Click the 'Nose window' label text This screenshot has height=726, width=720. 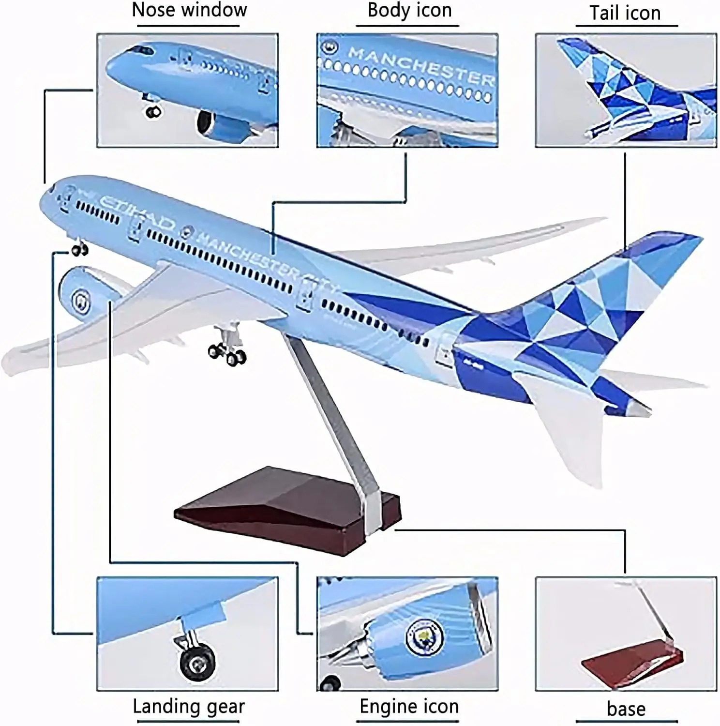pyautogui.click(x=189, y=11)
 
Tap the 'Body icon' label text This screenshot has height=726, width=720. pyautogui.click(x=409, y=11)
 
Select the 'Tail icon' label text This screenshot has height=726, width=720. pyautogui.click(x=625, y=13)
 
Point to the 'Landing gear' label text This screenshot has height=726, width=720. pyautogui.click(x=189, y=707)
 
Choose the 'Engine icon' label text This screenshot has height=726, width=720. pyautogui.click(x=409, y=707)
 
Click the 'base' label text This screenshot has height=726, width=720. pyautogui.click(x=626, y=709)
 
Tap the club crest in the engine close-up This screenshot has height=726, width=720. pyautogui.click(x=419, y=637)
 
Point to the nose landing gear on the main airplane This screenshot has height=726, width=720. pyautogui.click(x=79, y=248)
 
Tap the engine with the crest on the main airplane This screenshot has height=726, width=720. pyautogui.click(x=82, y=295)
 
